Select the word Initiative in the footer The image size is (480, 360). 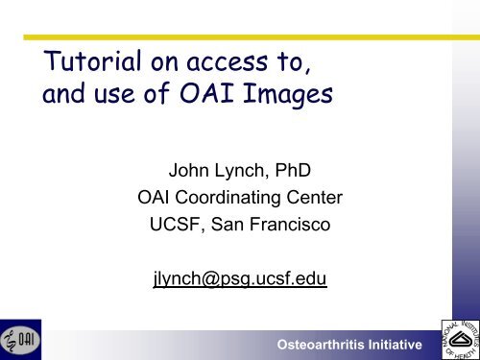[x=404, y=344]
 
